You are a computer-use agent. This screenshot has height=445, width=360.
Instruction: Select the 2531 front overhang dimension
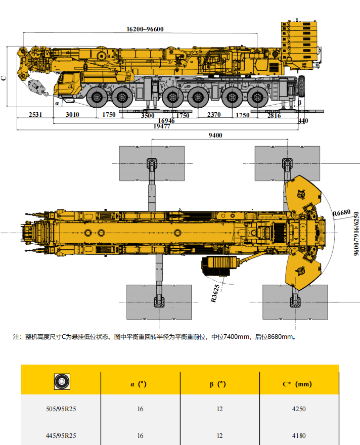click(x=35, y=115)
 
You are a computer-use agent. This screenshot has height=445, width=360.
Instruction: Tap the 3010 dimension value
click(x=72, y=115)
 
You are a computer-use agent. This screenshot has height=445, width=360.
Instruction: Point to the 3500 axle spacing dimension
click(x=147, y=115)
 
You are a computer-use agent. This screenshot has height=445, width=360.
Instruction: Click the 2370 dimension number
click(x=214, y=115)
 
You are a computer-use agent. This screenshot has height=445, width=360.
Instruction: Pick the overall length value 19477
click(x=162, y=126)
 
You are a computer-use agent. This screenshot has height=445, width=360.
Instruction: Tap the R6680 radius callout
click(x=341, y=214)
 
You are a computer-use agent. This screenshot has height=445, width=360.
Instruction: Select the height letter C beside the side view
click(x=4, y=78)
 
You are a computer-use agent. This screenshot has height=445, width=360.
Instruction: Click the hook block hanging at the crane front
click(x=37, y=87)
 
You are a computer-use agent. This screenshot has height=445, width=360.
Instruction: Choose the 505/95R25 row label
click(x=61, y=409)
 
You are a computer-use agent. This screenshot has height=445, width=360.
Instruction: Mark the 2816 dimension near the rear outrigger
click(x=274, y=115)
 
